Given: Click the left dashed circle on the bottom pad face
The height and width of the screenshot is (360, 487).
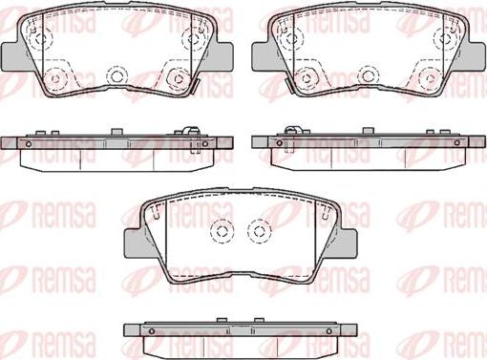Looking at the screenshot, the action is (x=222, y=231).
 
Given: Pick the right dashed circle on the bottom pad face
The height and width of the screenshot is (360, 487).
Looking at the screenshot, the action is (x=260, y=231).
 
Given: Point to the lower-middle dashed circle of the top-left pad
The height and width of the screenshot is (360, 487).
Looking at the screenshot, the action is (x=116, y=76).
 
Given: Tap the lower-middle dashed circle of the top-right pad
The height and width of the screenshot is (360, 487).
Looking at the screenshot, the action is (x=369, y=76).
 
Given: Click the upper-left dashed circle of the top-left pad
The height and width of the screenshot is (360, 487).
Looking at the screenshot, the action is (x=40, y=38).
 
